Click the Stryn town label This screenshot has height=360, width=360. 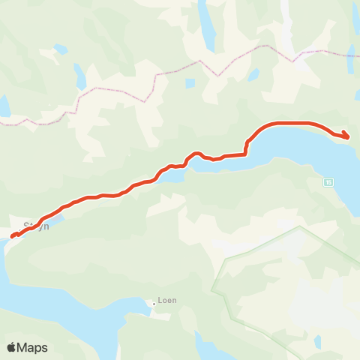click(x=36, y=224)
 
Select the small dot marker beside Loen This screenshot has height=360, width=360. click(x=154, y=304)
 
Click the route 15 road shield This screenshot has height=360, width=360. click(x=328, y=181)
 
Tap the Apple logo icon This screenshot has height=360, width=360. click(x=12, y=347)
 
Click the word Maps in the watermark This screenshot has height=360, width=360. click(x=33, y=347)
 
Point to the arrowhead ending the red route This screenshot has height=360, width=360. click(x=346, y=136)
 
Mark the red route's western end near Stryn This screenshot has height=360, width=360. click(x=13, y=237)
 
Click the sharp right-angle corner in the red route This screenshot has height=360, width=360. click(x=247, y=154)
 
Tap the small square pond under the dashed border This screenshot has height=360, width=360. click(x=190, y=83)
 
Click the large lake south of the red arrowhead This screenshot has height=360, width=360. click(x=315, y=161)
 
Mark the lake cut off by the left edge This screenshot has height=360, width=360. click(x=4, y=106)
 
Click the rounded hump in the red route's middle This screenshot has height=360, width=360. click(x=196, y=154)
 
